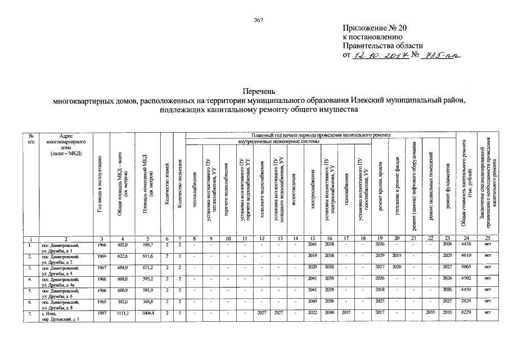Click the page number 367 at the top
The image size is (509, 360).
click(259, 20)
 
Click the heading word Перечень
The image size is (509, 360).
click(259, 91)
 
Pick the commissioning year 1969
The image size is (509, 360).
click(101, 256)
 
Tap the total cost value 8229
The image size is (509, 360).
click(463, 312)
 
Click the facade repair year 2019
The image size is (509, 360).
click(397, 256)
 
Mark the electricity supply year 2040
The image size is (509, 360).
click(313, 301)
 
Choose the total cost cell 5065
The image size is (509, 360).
click(463, 267)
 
